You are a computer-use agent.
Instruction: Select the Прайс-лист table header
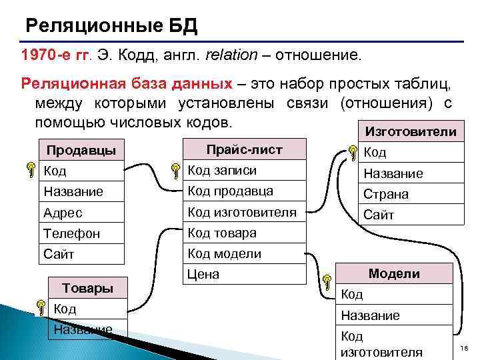(244, 149)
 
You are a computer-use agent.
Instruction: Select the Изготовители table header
(407, 131)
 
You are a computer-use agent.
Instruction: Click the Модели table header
(394, 273)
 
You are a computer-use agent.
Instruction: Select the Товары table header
(87, 288)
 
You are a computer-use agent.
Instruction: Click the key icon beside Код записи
(175, 172)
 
